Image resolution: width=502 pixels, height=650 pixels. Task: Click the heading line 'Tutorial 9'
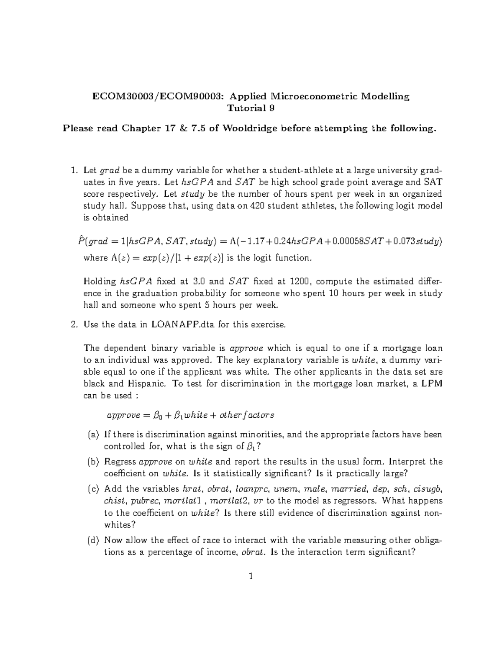click(x=251, y=108)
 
